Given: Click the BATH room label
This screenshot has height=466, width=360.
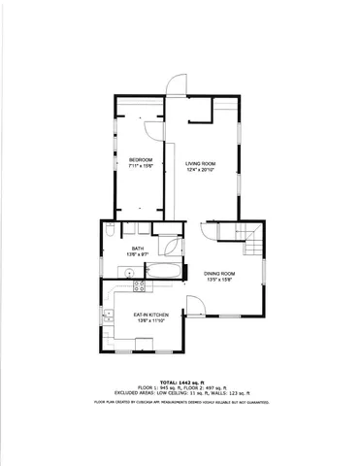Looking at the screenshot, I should tap(138, 249).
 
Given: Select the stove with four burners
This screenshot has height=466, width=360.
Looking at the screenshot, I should tap(139, 285).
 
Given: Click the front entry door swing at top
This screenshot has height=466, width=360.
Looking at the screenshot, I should tap(176, 85).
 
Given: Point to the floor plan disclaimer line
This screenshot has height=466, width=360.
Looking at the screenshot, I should tap(180, 400).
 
